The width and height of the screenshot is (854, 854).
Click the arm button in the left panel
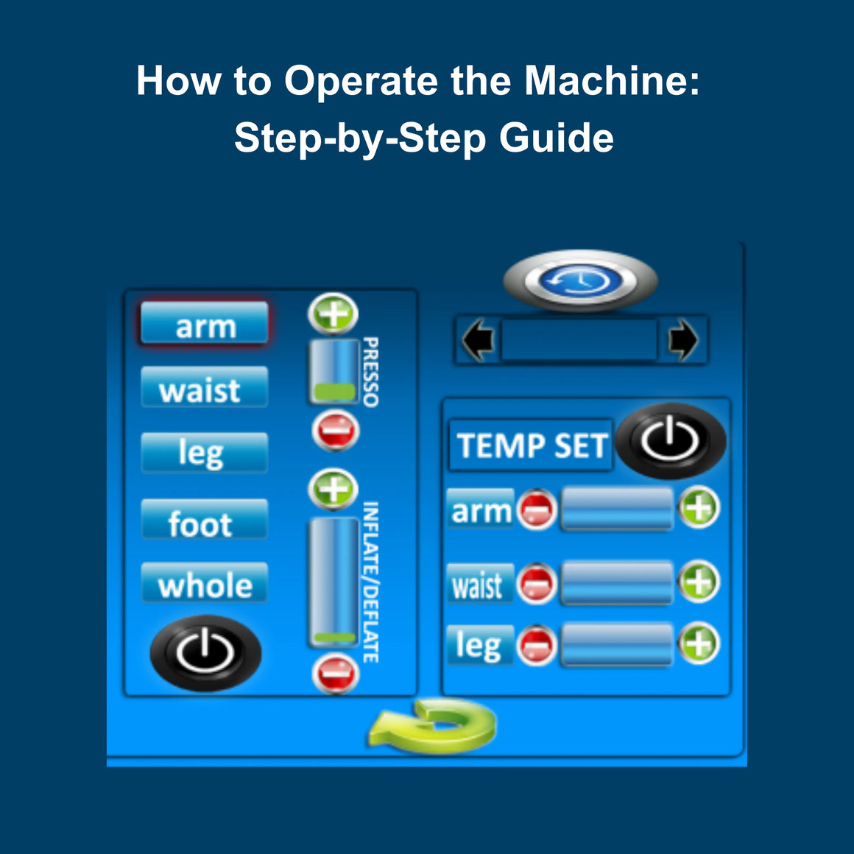point(205,325)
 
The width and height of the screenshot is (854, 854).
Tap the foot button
point(204,522)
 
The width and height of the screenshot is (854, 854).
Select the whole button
point(204,585)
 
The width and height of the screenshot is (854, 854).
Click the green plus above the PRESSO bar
point(333,314)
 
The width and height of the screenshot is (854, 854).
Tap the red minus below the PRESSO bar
point(335,431)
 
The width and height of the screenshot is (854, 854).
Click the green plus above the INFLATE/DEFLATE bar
point(334,490)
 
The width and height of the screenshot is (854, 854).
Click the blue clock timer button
point(579,280)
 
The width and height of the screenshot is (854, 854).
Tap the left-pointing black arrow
point(478,341)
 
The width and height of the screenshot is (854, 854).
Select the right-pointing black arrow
point(682,341)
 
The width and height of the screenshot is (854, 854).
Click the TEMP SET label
point(531,445)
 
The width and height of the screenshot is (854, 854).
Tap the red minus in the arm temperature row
point(536,509)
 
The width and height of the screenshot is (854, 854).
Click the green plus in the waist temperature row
point(698,582)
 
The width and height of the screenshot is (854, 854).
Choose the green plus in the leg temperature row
point(698,644)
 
